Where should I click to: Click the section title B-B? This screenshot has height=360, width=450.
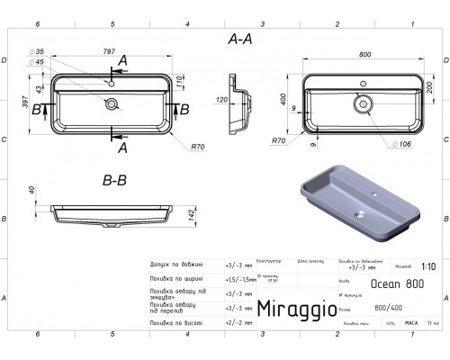click(115, 180)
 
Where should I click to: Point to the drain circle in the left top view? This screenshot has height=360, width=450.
click(112, 104)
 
